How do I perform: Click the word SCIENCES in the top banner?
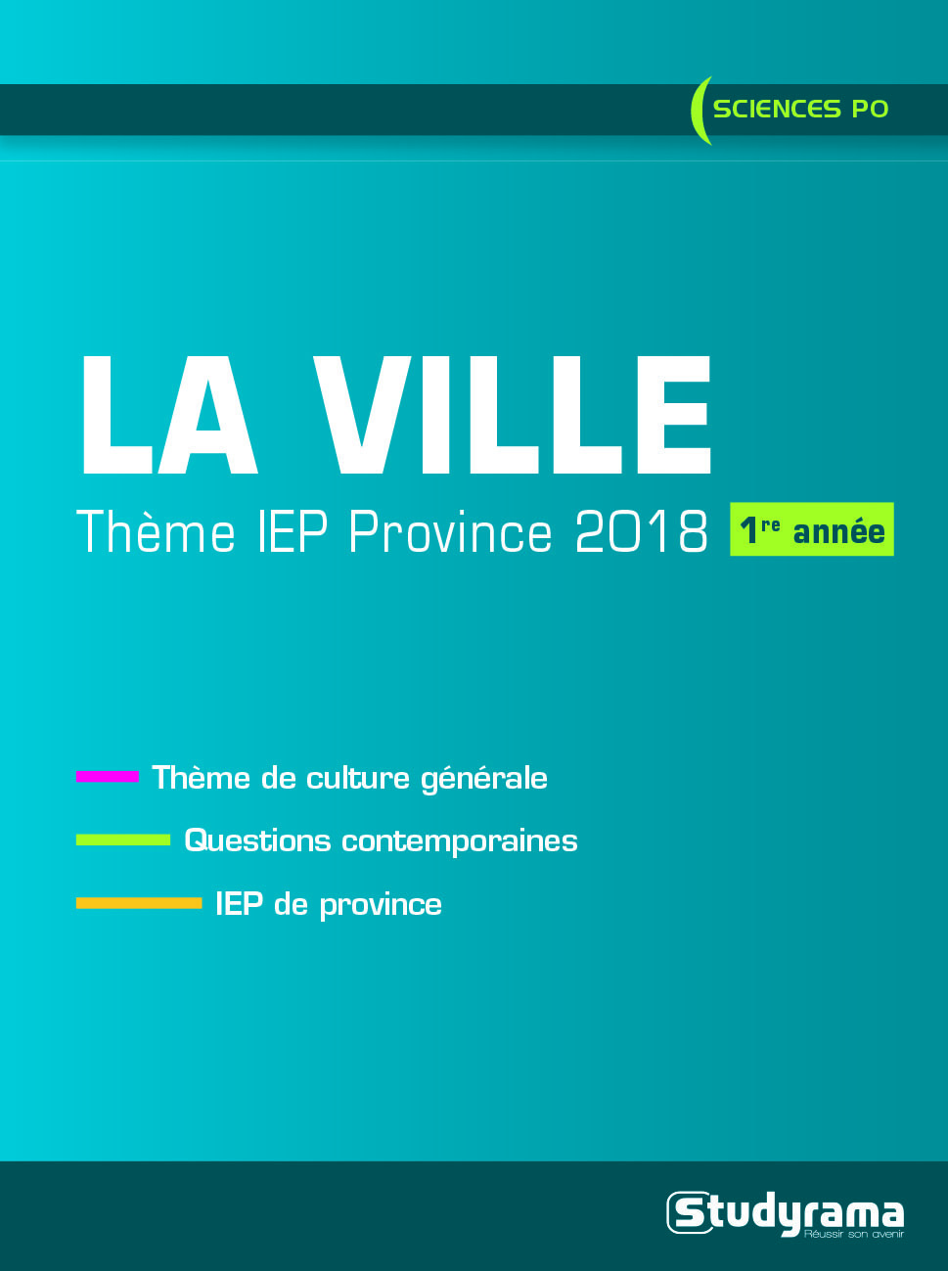click(777, 109)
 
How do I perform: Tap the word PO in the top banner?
click(870, 109)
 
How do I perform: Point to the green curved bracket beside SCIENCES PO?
click(700, 110)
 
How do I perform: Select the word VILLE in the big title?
click(513, 415)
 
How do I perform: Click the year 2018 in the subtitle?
click(642, 531)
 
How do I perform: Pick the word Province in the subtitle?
click(450, 531)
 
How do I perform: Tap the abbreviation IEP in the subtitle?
click(293, 531)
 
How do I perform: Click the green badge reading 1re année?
click(812, 529)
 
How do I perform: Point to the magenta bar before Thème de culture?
click(108, 777)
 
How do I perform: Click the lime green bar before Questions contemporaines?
click(123, 840)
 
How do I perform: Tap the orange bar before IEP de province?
click(139, 903)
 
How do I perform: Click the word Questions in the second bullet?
click(257, 841)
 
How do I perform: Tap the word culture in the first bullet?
click(358, 778)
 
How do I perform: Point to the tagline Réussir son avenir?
click(854, 1235)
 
